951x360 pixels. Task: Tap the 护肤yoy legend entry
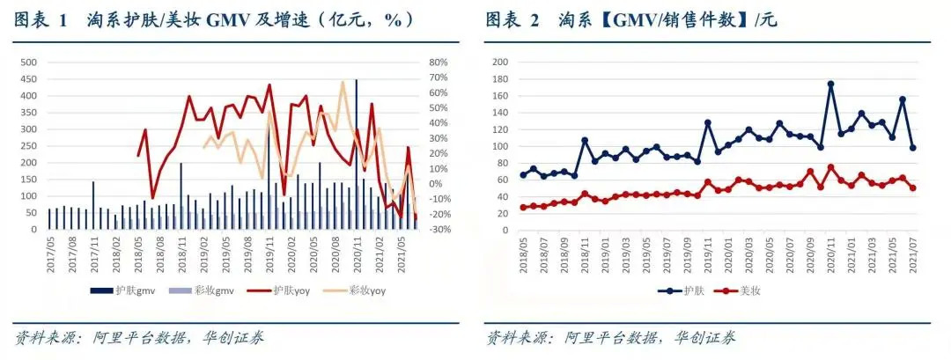pos(287,290)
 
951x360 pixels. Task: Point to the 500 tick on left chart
pos(28,62)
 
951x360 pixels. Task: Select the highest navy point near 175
pos(830,84)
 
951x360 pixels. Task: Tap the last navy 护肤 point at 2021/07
pos(913,148)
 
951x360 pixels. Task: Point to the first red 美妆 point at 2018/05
pos(524,208)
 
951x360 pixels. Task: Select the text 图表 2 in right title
pos(512,19)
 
